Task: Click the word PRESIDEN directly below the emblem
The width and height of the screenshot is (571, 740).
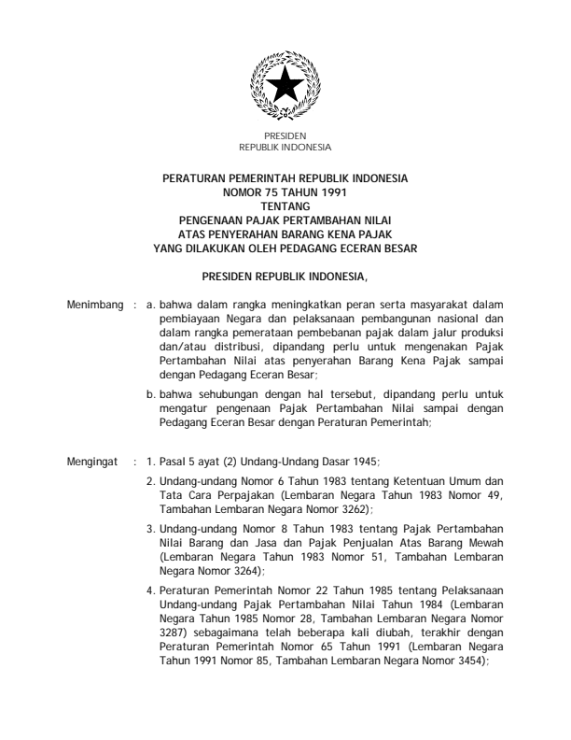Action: [285, 137]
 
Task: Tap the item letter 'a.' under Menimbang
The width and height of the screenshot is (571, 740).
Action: [152, 305]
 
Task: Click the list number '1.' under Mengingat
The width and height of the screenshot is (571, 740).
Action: [151, 461]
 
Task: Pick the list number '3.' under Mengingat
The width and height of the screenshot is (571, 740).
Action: [151, 528]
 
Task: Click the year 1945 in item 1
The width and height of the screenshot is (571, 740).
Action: [363, 461]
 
